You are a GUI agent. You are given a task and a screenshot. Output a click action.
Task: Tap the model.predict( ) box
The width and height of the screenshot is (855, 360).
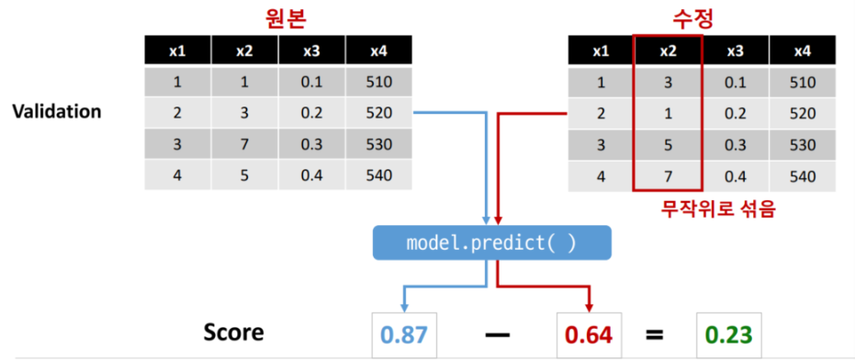pos(491,242)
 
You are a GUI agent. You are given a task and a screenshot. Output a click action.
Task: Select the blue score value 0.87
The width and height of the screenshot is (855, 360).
pos(404,333)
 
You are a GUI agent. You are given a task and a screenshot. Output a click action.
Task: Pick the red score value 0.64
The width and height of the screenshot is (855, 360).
pos(589,333)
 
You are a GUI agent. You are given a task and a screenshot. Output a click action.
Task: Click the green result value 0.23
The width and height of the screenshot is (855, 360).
pos(727,333)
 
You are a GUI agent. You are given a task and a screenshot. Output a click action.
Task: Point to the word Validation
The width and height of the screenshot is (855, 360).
pos(57,111)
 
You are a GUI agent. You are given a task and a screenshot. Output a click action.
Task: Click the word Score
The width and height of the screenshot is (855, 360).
pos(234,332)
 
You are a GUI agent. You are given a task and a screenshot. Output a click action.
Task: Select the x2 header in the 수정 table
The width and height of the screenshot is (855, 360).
pos(668,51)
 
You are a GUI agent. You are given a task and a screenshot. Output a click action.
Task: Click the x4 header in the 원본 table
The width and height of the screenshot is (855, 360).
pos(379,51)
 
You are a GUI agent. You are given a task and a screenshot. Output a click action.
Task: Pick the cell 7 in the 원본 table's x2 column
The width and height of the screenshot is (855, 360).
pos(244,144)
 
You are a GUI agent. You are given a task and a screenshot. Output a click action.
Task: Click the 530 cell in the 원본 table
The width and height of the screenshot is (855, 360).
pos(379,144)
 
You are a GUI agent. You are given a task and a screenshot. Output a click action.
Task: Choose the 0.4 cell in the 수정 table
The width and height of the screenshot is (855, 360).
pos(735,176)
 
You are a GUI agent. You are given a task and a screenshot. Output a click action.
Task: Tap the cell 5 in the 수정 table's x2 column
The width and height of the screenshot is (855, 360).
pos(668,145)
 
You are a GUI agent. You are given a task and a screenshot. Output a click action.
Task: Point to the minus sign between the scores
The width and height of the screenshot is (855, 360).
pos(497,334)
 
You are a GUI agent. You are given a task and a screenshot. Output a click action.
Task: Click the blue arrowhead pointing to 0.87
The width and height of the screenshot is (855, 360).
pos(404,307)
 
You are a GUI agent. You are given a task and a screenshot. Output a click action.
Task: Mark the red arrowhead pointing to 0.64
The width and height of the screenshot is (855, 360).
pos(589,307)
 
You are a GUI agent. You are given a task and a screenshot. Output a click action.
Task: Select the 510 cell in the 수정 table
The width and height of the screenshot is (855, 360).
pos(802,83)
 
